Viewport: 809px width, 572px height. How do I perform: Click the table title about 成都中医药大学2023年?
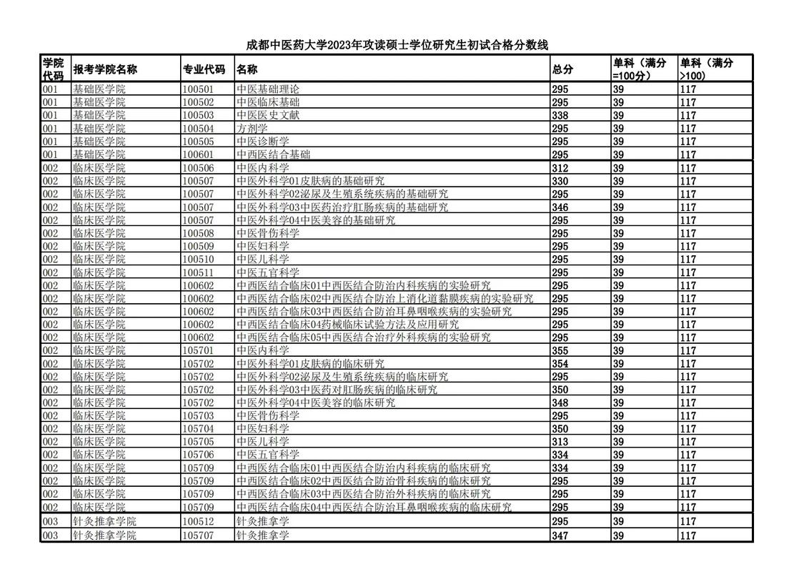click(397, 45)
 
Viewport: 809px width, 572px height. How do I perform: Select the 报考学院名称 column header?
click(105, 69)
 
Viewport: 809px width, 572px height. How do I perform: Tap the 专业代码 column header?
click(204, 69)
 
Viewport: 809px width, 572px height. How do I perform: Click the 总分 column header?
click(562, 69)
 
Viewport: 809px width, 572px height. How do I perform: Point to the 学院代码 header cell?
click(53, 69)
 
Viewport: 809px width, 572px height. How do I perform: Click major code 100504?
click(198, 129)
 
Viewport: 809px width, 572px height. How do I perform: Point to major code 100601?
click(198, 155)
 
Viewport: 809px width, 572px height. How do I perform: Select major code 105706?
click(198, 455)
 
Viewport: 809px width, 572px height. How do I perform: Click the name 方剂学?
click(252, 129)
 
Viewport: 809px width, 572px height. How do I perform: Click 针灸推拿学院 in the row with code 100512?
click(104, 522)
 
